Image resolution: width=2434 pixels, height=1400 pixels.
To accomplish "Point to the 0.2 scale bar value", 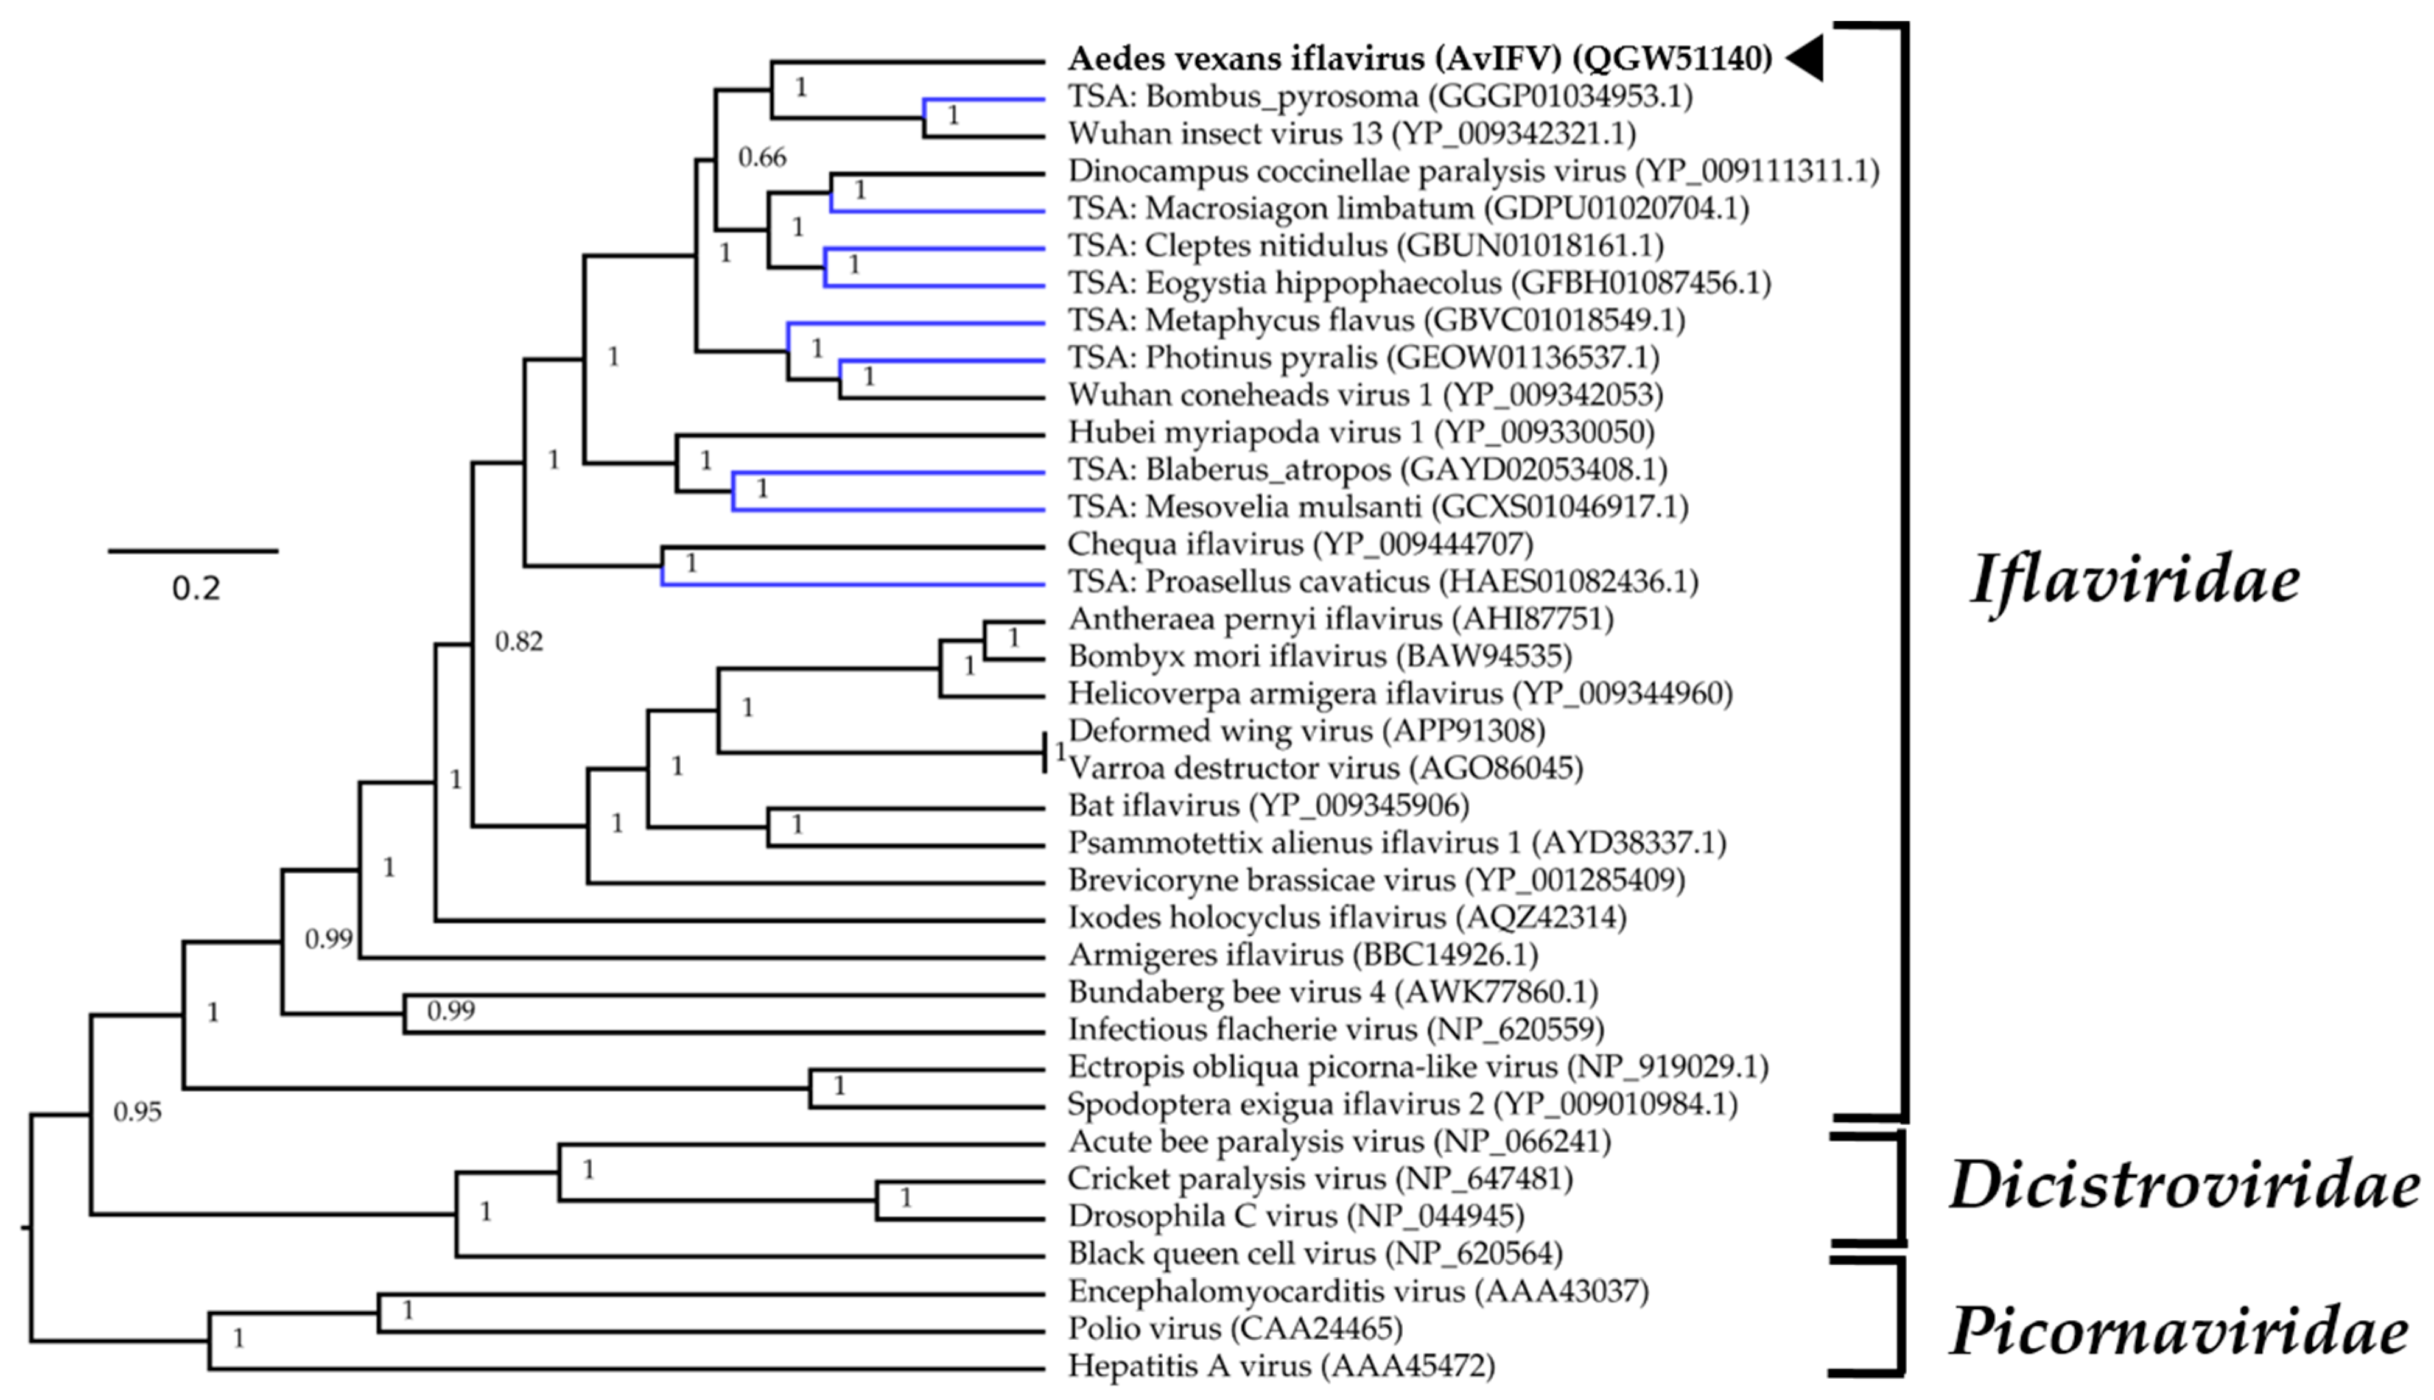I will [x=196, y=588].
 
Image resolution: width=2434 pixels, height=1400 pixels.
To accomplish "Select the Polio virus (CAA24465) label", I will [x=1234, y=1329].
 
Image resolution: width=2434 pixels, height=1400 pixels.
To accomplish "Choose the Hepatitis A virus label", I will [x=1280, y=1365].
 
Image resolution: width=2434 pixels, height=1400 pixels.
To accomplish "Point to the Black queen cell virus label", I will [x=1314, y=1254].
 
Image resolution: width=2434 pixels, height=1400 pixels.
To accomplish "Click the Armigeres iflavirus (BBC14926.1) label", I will [x=1302, y=955].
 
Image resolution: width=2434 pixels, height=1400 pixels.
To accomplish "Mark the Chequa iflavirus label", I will [x=1299, y=544].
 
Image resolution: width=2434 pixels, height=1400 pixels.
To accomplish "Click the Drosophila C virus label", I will [x=1295, y=1216].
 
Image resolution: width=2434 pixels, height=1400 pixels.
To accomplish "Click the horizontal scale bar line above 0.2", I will [x=193, y=551].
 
